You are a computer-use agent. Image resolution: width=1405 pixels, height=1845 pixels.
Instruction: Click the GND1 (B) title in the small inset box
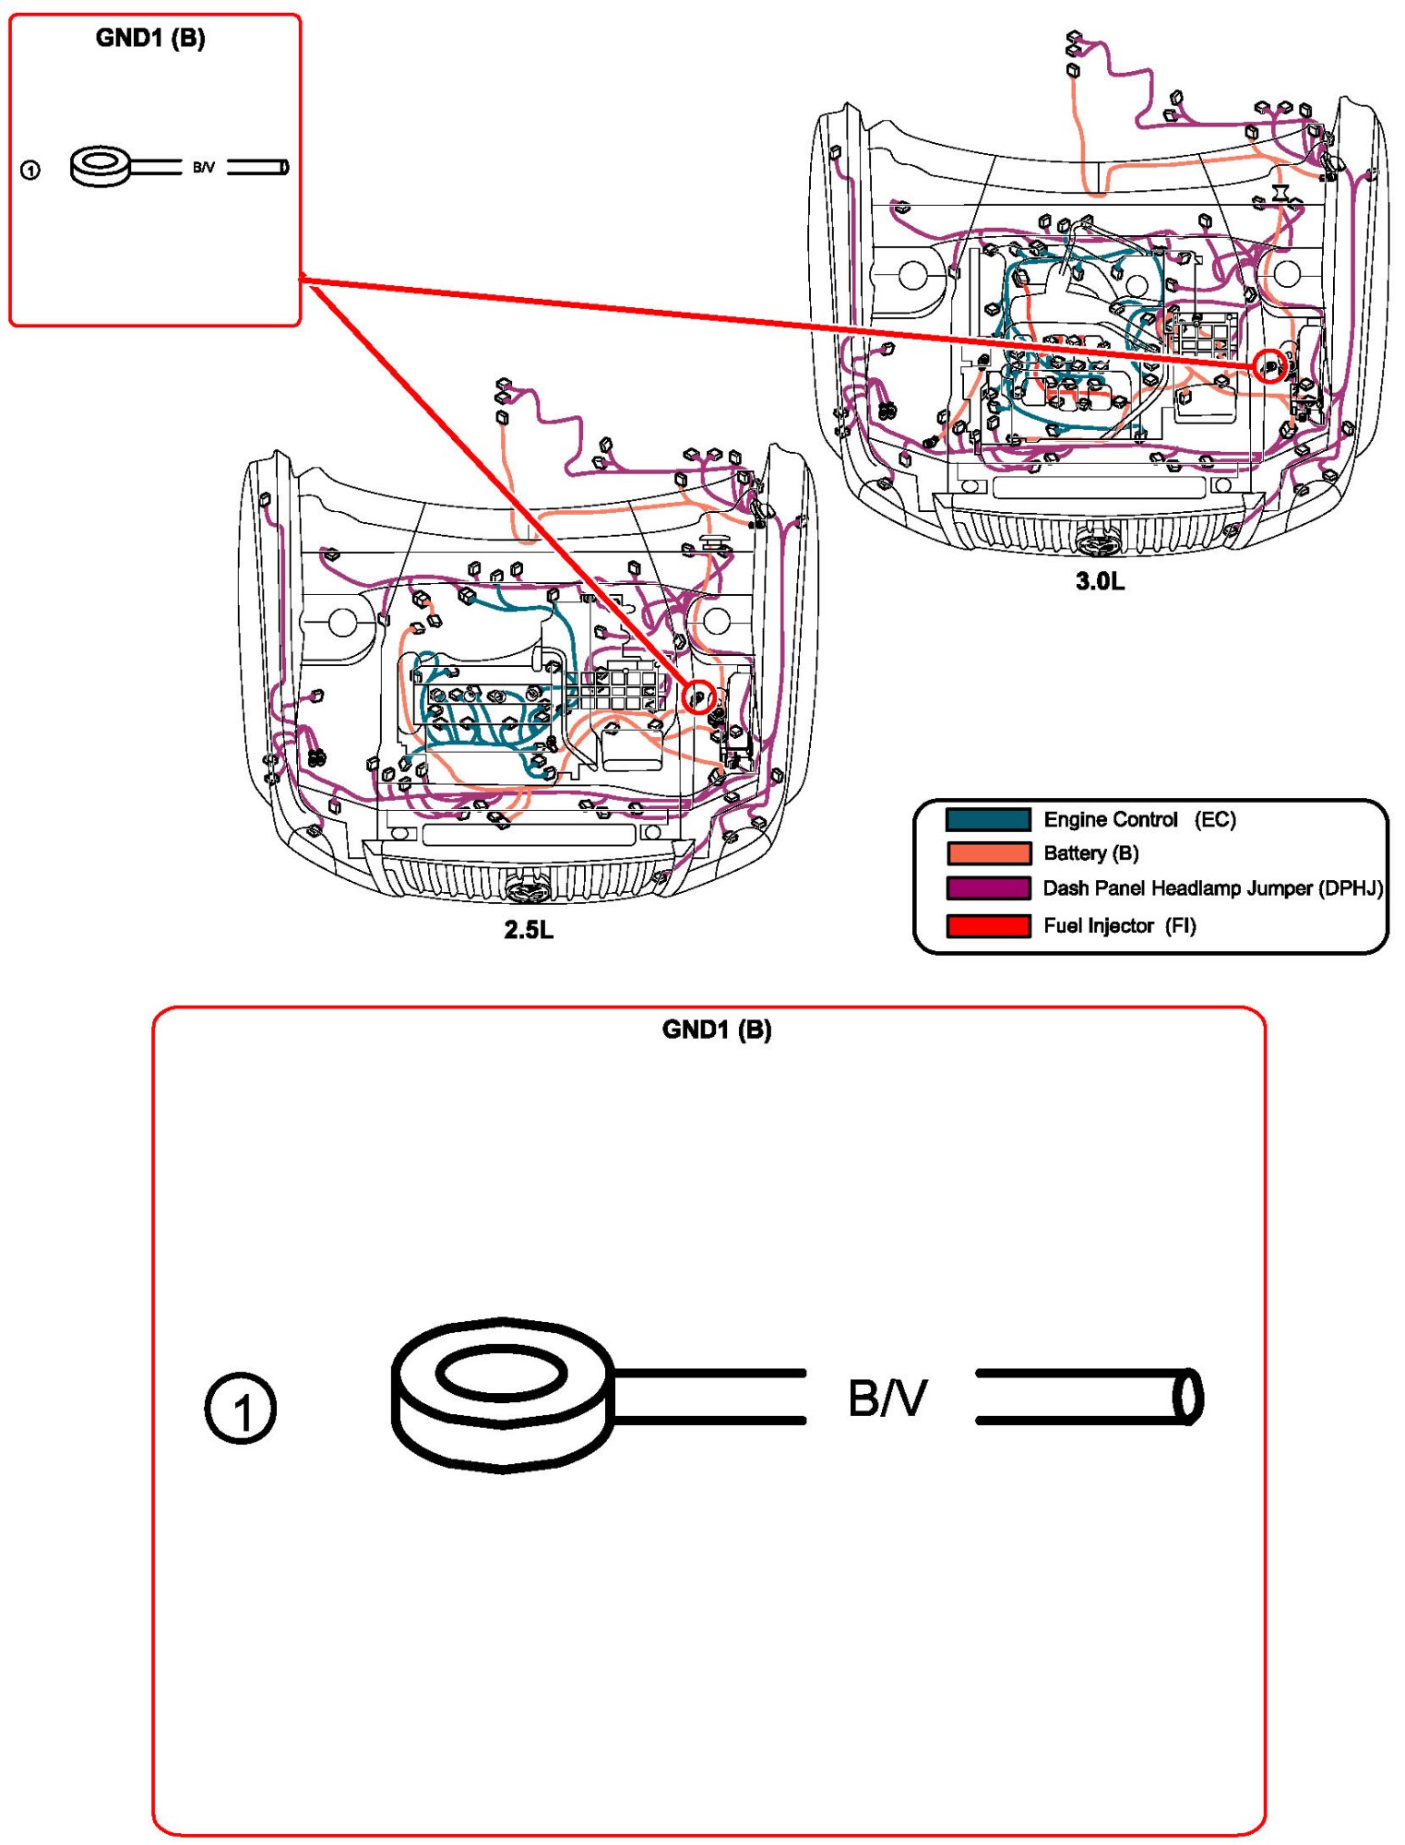150,39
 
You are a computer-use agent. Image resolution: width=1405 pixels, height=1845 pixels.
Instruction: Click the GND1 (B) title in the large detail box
717,1030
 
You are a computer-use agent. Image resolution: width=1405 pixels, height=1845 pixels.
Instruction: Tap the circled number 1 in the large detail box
240,1409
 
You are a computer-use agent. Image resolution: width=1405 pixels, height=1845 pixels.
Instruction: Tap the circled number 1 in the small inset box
30,171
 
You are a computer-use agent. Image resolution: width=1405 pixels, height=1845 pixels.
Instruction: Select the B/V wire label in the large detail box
887,1399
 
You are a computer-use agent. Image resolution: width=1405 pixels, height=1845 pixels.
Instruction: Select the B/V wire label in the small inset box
204,168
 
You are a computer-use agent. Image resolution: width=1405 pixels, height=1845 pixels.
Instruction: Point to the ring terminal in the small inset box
101,166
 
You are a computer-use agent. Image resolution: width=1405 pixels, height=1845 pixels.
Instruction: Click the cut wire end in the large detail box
1188,1397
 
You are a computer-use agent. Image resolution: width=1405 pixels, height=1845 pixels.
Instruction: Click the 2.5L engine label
529,930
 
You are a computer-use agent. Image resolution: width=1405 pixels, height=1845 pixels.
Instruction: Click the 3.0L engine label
1100,581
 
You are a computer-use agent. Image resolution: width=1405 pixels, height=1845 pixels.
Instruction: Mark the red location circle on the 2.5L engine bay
699,696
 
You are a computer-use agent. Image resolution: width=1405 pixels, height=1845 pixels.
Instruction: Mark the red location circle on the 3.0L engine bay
1270,367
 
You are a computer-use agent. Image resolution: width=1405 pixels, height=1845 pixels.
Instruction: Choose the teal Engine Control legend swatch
988,819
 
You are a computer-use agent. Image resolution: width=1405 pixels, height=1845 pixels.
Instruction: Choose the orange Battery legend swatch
988,853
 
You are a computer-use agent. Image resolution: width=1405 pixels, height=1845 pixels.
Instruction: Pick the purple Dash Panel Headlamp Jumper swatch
988,888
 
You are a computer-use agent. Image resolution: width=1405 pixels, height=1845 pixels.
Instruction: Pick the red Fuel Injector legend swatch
988,925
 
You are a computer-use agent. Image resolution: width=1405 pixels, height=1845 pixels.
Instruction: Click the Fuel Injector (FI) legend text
1119,925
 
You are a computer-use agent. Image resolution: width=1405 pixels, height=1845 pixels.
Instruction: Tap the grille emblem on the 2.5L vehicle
529,889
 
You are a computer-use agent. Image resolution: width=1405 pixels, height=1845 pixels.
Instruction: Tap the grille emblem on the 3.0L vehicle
1099,542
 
